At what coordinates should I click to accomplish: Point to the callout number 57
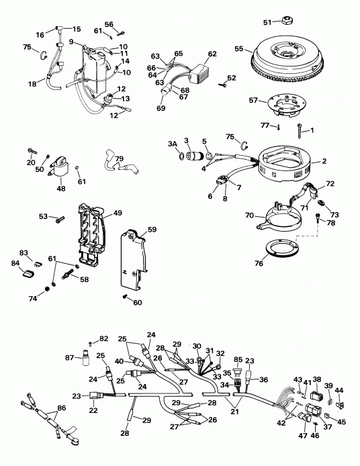tap(253, 101)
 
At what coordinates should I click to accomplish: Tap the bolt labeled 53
tap(58, 218)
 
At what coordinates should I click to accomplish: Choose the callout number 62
tap(213, 54)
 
